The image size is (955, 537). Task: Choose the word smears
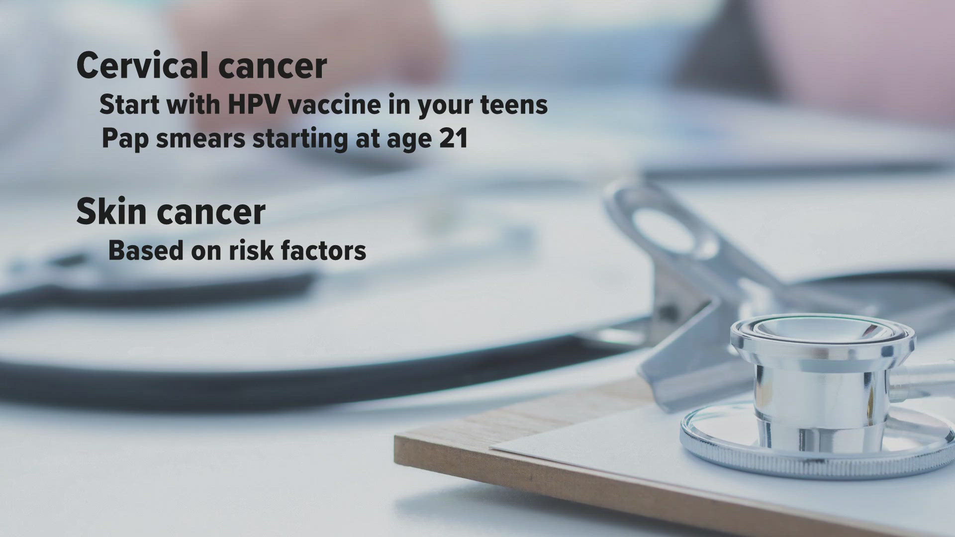[200, 138]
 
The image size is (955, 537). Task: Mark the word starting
[300, 139]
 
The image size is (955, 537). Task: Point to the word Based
[145, 250]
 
